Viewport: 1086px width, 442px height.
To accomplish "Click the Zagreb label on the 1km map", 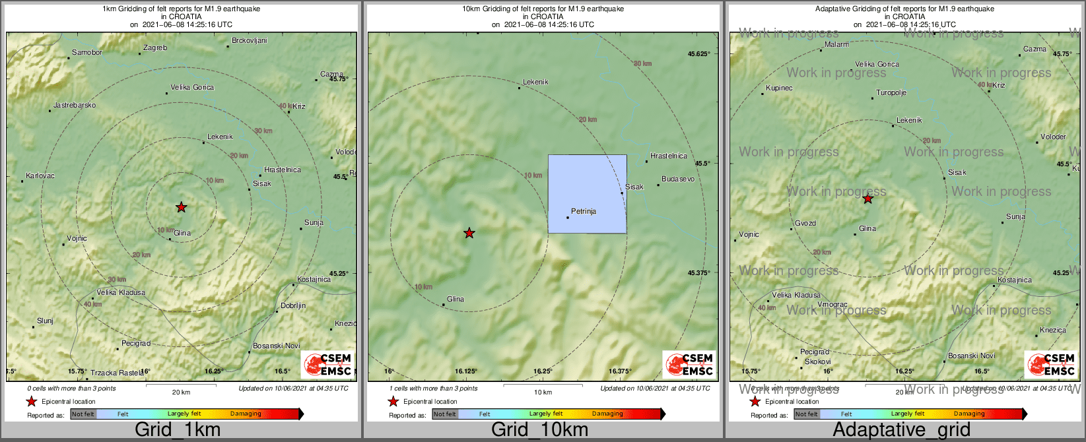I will coord(155,48).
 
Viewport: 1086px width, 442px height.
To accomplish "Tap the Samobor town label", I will coord(87,52).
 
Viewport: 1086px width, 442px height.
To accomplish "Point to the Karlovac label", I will coord(40,176).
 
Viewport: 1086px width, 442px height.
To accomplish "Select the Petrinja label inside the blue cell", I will coord(583,212).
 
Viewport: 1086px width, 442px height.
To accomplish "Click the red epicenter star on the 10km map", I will coord(469,233).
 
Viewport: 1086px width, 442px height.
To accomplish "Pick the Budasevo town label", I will coord(678,179).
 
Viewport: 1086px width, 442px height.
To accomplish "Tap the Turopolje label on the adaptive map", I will coord(891,93).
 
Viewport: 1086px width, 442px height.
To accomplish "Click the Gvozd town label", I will coord(805,224).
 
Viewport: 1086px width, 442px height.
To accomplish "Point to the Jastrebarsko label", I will coord(75,106).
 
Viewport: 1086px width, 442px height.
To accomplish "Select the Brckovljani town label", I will coord(250,41).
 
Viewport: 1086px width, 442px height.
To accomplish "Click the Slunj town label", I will coord(45,321).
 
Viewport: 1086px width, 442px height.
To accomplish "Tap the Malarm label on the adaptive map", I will coord(837,45).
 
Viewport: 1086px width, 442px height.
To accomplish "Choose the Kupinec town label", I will coord(779,88).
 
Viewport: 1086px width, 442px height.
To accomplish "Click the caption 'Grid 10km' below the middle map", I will coord(539,430).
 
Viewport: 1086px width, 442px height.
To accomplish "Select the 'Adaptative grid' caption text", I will coord(901,430).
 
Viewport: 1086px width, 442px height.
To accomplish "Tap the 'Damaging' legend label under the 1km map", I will coord(246,414).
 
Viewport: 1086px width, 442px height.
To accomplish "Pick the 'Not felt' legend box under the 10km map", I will coord(444,414).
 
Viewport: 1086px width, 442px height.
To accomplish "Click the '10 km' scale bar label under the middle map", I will coord(543,393).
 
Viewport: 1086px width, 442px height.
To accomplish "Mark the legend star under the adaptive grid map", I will coord(755,402).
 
